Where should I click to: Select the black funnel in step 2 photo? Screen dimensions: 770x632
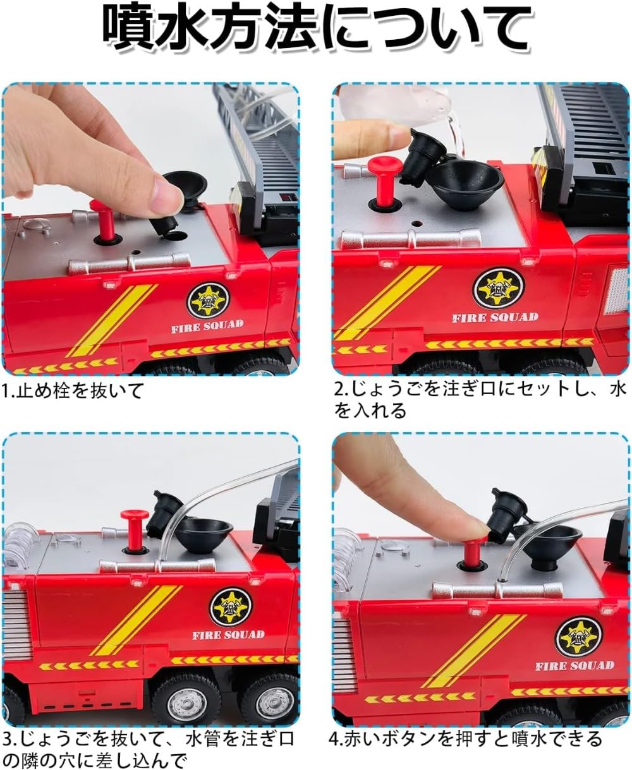465,176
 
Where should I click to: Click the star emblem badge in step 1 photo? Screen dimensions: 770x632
207,300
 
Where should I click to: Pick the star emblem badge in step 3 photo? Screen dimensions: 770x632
231,606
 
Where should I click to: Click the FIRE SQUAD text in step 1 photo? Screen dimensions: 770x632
207,326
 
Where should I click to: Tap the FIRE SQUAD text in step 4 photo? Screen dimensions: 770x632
574,665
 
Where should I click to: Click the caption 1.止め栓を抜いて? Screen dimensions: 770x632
73,390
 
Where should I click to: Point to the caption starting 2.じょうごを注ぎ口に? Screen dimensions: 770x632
480,400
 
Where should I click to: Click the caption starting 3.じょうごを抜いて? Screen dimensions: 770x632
149,748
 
